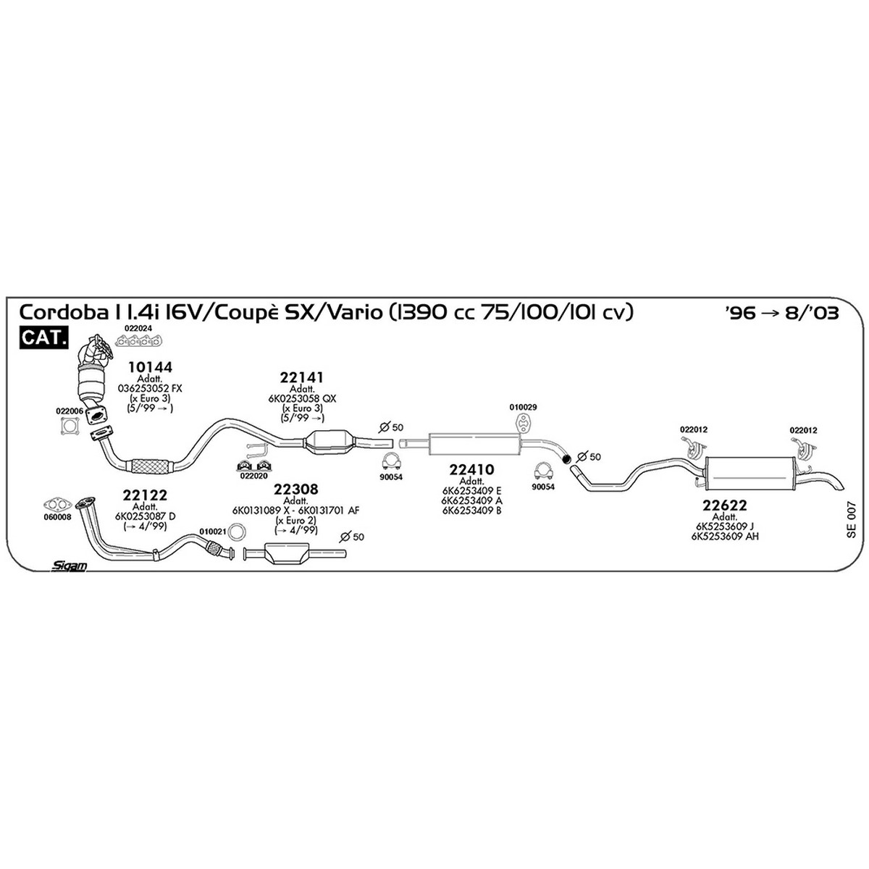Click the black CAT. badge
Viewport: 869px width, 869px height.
pyautogui.click(x=43, y=337)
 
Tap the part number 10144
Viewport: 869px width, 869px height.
pyautogui.click(x=150, y=367)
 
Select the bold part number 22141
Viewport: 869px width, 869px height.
pyautogui.click(x=302, y=377)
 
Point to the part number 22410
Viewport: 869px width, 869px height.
pyautogui.click(x=471, y=469)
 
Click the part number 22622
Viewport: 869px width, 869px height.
pyautogui.click(x=724, y=505)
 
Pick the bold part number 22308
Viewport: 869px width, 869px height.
pyautogui.click(x=296, y=489)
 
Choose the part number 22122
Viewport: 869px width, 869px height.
pyautogui.click(x=145, y=495)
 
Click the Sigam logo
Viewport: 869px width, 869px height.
pyautogui.click(x=69, y=566)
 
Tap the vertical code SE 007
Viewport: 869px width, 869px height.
pyautogui.click(x=850, y=520)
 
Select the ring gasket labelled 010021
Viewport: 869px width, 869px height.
pyautogui.click(x=236, y=532)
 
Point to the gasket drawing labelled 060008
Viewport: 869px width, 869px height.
pyautogui.click(x=58, y=504)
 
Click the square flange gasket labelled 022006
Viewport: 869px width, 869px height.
pyautogui.click(x=70, y=426)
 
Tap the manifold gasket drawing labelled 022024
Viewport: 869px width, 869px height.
pyautogui.click(x=138, y=341)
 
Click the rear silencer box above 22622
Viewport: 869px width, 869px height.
pyautogui.click(x=750, y=473)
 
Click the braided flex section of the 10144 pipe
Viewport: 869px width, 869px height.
pyautogui.click(x=150, y=466)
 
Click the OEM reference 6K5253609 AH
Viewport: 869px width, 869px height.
pyautogui.click(x=725, y=536)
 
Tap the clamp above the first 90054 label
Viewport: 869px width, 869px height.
pyautogui.click(x=390, y=461)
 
